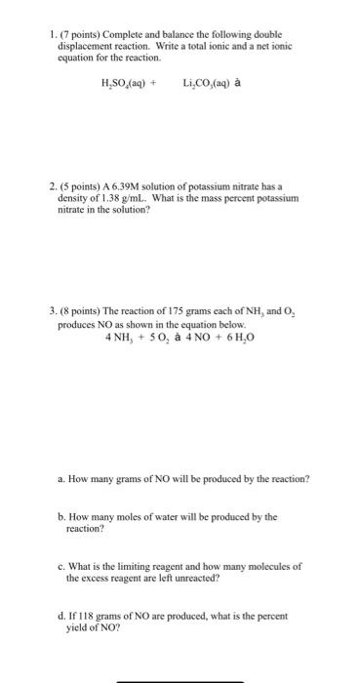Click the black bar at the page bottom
pyautogui.click(x=180, y=679)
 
